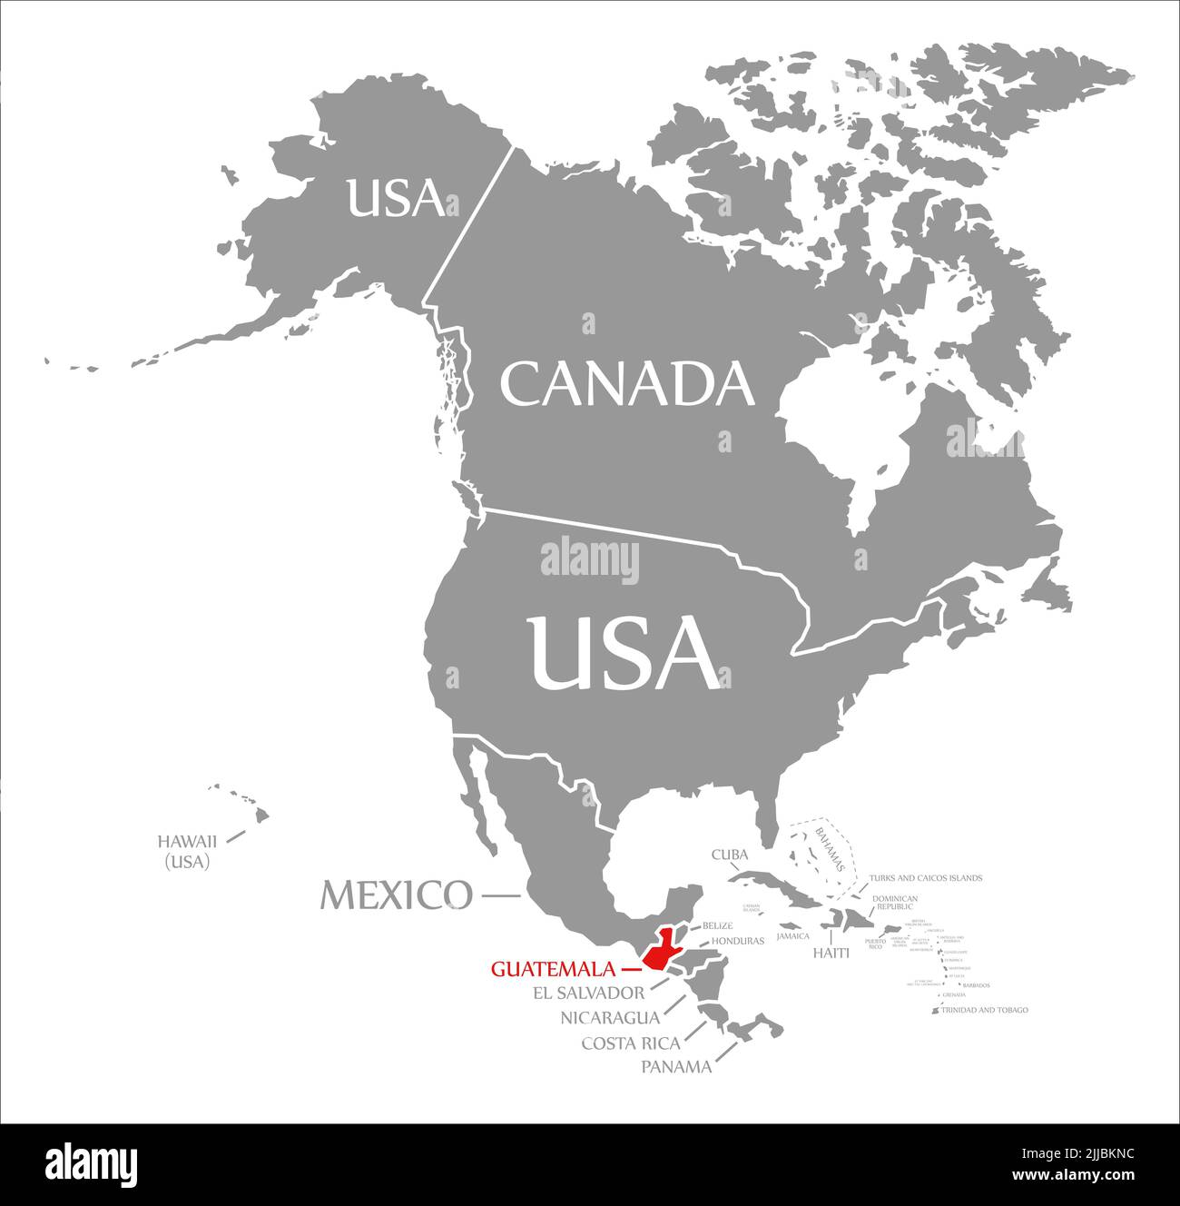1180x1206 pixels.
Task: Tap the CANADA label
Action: (x=627, y=384)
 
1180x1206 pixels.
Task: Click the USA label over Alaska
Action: (x=396, y=198)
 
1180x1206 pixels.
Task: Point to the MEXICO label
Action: (x=396, y=895)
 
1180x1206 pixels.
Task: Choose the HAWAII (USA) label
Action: (x=187, y=851)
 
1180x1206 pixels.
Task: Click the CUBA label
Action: (x=729, y=855)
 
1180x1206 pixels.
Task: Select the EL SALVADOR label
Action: (x=589, y=993)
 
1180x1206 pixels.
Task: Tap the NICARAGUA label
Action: (x=609, y=1017)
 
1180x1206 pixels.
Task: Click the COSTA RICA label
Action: (x=631, y=1043)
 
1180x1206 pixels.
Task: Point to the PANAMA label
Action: (x=676, y=1067)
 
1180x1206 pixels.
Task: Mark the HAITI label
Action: (x=831, y=953)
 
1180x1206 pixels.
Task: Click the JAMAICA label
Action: (x=792, y=935)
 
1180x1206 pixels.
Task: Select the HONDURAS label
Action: (x=738, y=941)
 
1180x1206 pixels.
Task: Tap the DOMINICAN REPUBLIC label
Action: (x=894, y=903)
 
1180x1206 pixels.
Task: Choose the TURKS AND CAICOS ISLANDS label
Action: (x=925, y=878)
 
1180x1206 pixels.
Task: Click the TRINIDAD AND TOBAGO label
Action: (x=984, y=1010)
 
